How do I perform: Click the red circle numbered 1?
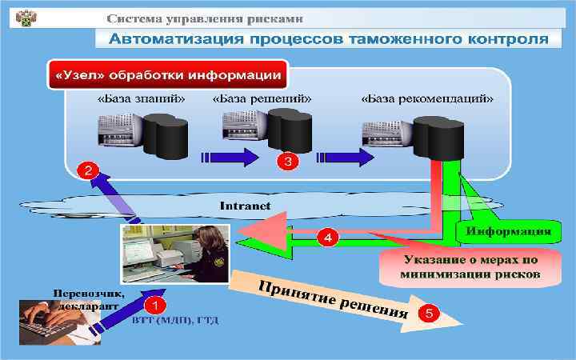155,304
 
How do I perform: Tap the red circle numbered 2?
87,170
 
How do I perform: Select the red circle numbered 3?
287,161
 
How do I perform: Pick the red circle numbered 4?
329,236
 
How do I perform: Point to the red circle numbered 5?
430,314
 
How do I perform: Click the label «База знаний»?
142,99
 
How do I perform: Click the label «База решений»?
262,99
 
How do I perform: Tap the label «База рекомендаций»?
427,99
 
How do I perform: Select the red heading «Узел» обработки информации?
167,75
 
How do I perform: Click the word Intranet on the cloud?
245,205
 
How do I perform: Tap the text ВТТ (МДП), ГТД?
175,320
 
